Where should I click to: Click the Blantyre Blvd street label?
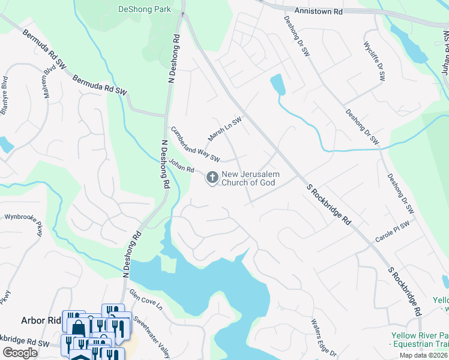(4, 95)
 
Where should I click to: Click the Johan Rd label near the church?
(181, 165)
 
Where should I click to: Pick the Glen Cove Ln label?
(146, 300)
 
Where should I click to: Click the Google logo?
(20, 353)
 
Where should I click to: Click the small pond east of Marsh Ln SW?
(277, 84)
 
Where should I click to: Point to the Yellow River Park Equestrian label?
(420, 340)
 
